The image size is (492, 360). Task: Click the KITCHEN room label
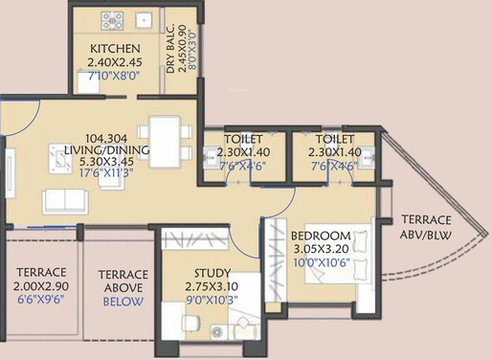coord(115,49)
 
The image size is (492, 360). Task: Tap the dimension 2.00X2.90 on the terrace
coord(40,285)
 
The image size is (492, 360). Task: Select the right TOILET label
coord(335,138)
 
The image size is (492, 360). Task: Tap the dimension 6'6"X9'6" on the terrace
coord(40,299)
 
